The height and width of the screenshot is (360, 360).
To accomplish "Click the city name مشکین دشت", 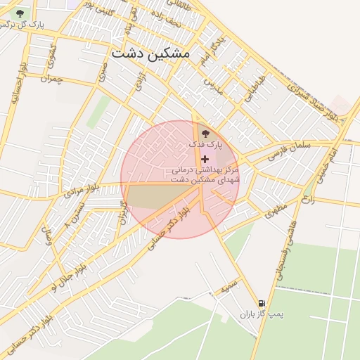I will coord(150,53).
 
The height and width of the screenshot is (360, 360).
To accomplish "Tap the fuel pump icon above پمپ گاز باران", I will coord(262,302).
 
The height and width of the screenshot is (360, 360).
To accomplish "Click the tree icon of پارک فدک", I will coord(205,133).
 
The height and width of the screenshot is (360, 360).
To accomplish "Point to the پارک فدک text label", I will coord(205,144).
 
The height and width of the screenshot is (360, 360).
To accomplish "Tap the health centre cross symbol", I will coord(205,160).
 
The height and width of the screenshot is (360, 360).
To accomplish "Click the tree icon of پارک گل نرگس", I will coord(19,13).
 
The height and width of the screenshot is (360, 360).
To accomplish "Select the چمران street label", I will coord(51,78).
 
